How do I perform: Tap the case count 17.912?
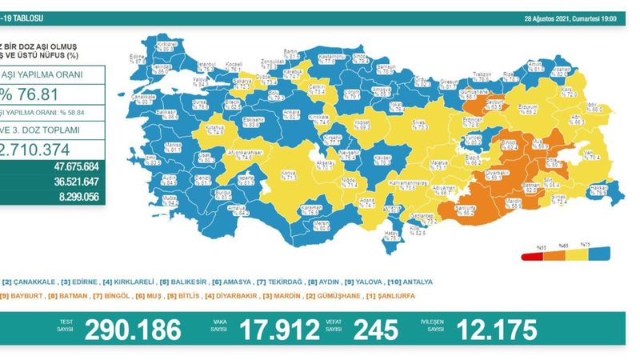(278, 328)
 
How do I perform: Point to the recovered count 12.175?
(498, 328)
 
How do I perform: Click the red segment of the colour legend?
(531, 255)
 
